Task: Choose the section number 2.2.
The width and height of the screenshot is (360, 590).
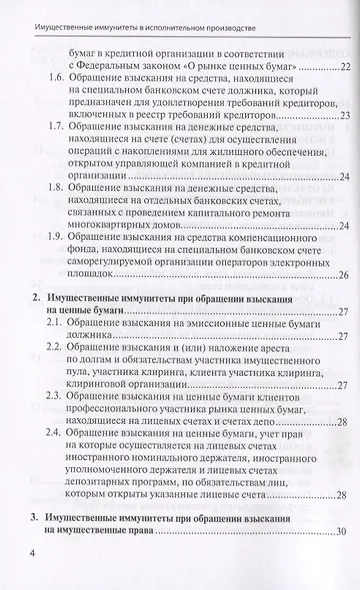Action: pos(58,346)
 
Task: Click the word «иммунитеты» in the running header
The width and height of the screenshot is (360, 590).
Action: pos(100,13)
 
